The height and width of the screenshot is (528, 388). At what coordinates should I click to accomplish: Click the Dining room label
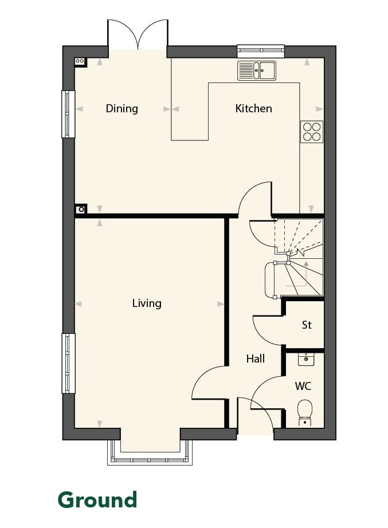tap(122, 109)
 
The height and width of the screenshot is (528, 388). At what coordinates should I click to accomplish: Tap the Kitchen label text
tap(253, 108)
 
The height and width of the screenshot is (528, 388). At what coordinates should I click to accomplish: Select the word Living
tap(147, 304)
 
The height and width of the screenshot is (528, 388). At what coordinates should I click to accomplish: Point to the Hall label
tap(256, 358)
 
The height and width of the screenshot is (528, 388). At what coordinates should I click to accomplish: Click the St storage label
tap(307, 325)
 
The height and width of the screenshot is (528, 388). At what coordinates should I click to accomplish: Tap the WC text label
tap(303, 386)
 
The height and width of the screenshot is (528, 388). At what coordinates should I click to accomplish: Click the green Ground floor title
tap(97, 500)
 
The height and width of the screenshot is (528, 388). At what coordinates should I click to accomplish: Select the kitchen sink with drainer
tap(257, 70)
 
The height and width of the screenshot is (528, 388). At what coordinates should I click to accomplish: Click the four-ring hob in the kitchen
tap(311, 132)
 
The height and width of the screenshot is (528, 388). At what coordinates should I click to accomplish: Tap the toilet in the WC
tap(305, 412)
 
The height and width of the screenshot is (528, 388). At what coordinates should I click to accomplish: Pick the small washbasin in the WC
tap(306, 359)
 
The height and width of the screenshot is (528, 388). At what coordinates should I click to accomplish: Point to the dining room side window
tap(68, 114)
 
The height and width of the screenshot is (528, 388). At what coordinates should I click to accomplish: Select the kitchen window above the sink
tap(261, 51)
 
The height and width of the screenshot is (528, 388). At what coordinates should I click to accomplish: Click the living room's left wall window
tap(68, 363)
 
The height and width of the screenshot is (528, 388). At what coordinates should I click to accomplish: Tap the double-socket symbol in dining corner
tap(80, 62)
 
